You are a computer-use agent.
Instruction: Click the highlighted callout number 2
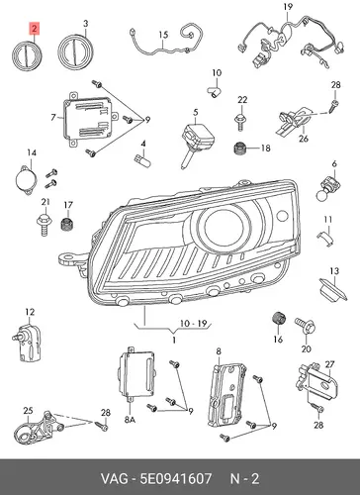pos(35,29)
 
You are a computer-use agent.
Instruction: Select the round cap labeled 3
pos(75,51)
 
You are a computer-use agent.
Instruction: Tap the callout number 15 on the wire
pos(163,35)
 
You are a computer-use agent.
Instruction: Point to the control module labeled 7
pos(90,121)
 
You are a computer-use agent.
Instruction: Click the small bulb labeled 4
pos(142,160)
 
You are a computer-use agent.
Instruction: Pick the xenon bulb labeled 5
pos(196,142)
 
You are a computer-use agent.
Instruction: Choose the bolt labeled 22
pos(240,122)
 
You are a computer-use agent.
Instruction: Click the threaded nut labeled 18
pos(240,148)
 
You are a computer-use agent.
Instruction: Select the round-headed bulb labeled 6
pos(326,188)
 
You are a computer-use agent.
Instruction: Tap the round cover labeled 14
pos(25,180)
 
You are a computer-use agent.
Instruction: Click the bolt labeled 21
pos(45,225)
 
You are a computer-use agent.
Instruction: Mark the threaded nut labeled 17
pos(67,223)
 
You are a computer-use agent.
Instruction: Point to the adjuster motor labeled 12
pos(27,344)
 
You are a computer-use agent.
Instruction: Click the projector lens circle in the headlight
pos(225,226)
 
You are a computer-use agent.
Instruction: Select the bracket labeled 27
pos(315,381)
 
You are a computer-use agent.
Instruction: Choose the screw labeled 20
pos(305,326)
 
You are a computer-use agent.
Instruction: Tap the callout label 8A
pos(130,420)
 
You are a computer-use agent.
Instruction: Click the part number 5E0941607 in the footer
pos(175,478)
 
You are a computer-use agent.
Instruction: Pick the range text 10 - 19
pos(194,323)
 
